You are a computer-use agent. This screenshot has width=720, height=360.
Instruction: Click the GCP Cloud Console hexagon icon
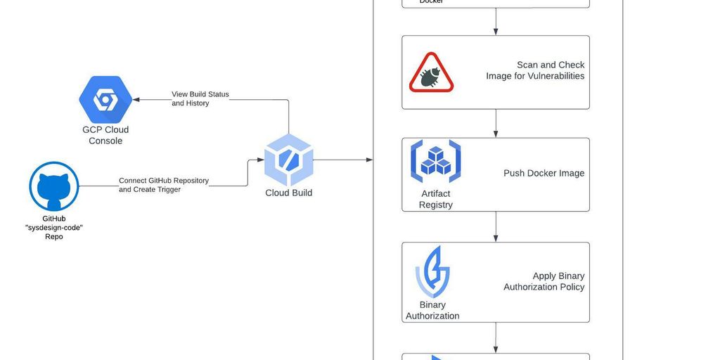coord(105,99)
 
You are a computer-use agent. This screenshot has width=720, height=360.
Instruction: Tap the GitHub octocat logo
coord(53,186)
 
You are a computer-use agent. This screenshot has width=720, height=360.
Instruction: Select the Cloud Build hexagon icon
coord(288,160)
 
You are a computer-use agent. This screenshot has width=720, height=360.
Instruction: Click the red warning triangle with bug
coord(431,73)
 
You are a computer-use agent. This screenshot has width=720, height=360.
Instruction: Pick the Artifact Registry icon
coord(435,161)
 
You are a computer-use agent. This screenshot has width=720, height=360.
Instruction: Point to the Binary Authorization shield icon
coord(432,272)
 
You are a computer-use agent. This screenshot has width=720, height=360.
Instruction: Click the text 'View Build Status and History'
coord(200,98)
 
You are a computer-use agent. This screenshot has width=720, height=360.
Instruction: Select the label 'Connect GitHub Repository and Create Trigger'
coord(163,185)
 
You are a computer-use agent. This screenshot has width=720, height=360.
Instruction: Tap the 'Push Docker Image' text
coord(544,173)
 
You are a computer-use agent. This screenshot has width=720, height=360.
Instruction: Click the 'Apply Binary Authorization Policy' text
coord(544,281)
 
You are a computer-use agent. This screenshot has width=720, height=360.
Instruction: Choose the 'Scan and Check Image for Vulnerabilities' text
coord(536,70)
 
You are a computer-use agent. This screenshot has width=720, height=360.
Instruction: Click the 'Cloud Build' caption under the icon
coord(288,193)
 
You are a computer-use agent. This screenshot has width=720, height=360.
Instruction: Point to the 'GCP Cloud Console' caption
coord(105,135)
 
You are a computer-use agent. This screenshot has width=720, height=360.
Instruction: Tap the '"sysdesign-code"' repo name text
coord(53,228)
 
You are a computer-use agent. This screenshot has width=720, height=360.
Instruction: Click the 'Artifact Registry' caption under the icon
coord(435,199)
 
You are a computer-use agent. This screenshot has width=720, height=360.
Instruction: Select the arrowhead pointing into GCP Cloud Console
coord(136,100)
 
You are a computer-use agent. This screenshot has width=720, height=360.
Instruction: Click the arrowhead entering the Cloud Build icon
coord(259,160)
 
